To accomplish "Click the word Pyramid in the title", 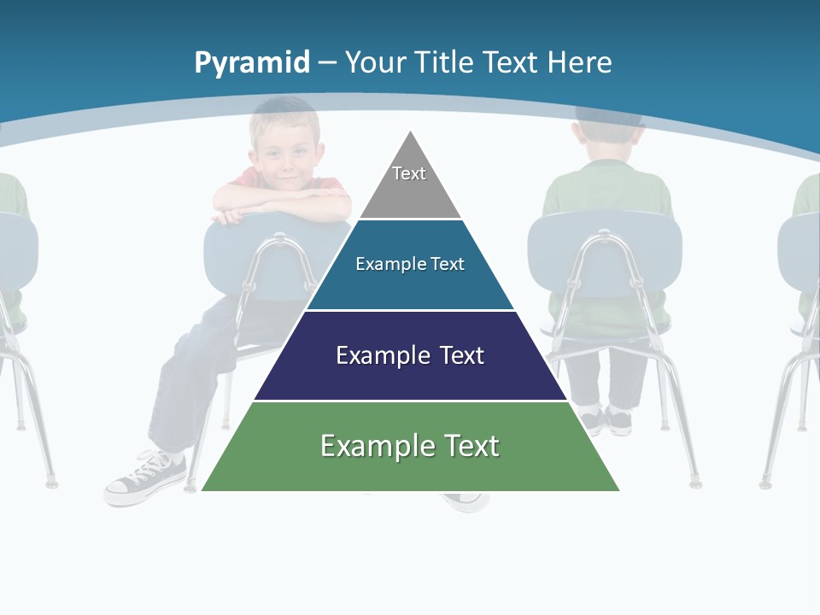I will pyautogui.click(x=252, y=62).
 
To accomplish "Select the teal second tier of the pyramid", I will pyautogui.click(x=410, y=286).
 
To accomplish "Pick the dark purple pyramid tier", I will pyautogui.click(x=410, y=376).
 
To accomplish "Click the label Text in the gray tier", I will pyautogui.click(x=409, y=173).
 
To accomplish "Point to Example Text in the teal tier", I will pyautogui.click(x=410, y=264).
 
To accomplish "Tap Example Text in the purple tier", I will pyautogui.click(x=410, y=355).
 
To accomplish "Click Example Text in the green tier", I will pyautogui.click(x=410, y=446).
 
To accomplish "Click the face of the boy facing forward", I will pyautogui.click(x=288, y=159).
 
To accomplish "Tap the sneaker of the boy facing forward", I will pyautogui.click(x=145, y=480).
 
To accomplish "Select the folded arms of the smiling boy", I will pyautogui.click(x=282, y=204).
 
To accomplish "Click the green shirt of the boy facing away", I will pyautogui.click(x=606, y=193).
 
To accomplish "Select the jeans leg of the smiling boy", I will pyautogui.click(x=184, y=384).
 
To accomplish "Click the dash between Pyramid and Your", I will pyautogui.click(x=327, y=63).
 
